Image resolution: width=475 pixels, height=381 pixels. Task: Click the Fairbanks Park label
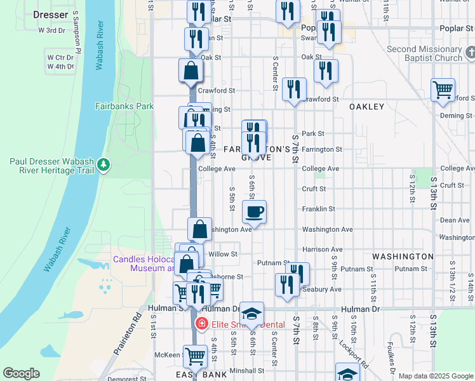124,106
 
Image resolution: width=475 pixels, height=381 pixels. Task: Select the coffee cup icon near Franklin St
255,211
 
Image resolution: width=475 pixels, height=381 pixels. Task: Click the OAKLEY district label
367,107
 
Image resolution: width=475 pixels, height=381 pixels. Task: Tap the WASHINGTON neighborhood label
403,257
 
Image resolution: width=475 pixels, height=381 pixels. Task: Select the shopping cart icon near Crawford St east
443,89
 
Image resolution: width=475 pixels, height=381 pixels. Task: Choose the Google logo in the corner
21,373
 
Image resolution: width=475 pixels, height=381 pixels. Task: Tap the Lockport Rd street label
362,354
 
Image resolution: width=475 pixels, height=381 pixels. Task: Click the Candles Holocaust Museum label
144,264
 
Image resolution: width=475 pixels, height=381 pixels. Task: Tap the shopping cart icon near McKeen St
195,357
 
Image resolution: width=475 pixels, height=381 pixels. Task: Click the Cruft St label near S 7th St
314,189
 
